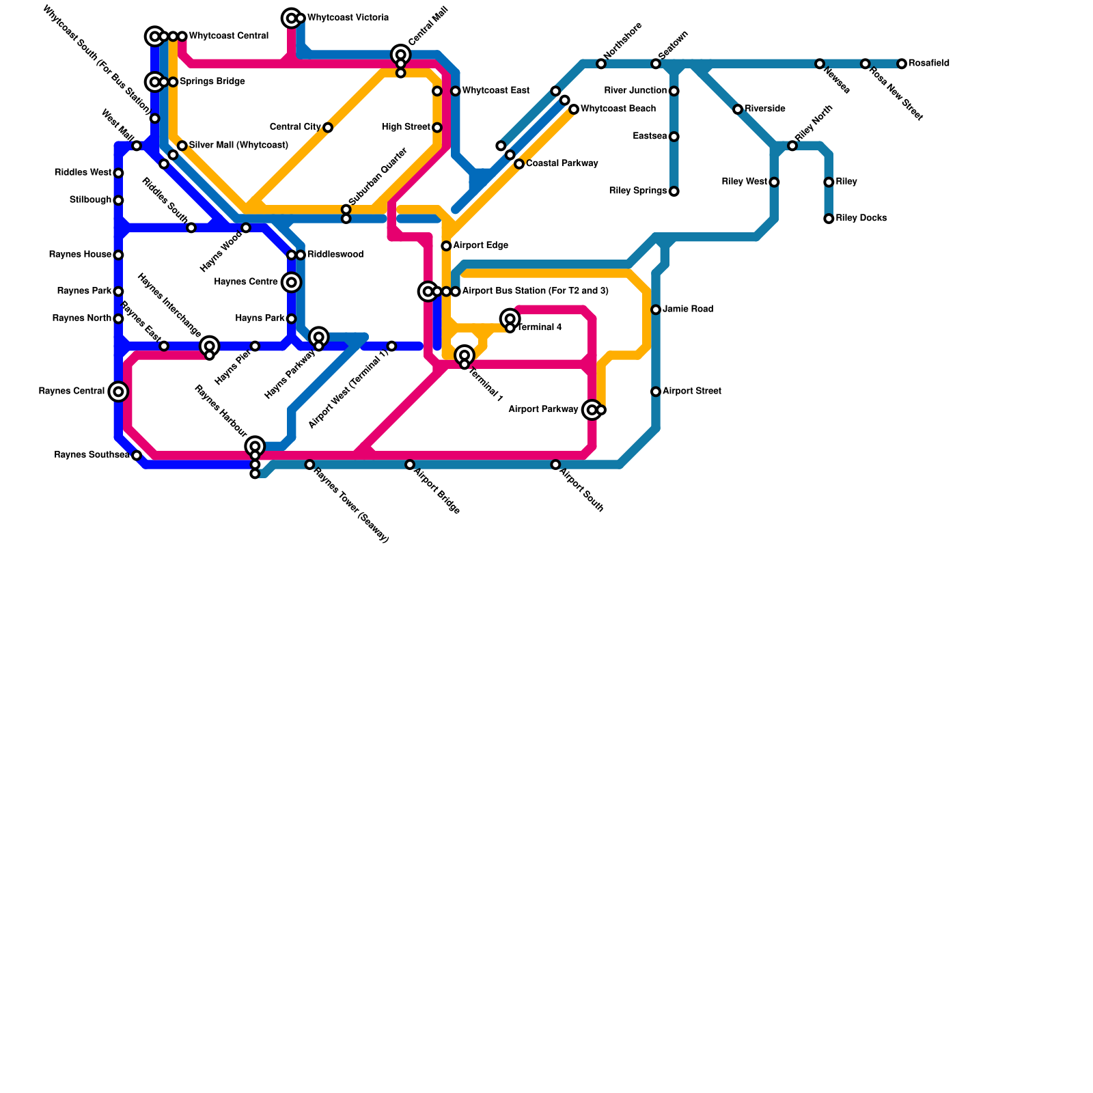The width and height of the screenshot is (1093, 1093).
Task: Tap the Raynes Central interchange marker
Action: pos(118,391)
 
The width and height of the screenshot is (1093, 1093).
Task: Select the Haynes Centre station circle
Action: pos(292,282)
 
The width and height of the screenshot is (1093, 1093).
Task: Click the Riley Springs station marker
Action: pos(674,191)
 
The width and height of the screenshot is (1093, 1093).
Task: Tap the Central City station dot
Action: pos(328,128)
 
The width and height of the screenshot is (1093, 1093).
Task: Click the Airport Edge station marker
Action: pos(446,246)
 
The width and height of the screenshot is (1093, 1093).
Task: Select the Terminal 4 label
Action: pos(539,328)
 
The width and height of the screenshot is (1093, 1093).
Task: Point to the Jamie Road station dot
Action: pos(656,309)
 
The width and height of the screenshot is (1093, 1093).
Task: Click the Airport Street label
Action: pos(691,391)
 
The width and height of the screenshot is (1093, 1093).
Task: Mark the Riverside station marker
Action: pos(738,109)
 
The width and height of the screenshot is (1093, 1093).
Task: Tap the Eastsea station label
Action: pos(650,137)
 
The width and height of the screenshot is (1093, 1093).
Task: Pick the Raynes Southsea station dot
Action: pos(137,456)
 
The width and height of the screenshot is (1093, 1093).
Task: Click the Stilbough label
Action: pos(90,200)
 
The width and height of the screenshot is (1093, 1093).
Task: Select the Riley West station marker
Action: pos(774,182)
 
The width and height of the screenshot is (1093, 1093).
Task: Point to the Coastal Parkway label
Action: pos(562,164)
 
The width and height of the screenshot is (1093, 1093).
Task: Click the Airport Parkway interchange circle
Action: pos(592,410)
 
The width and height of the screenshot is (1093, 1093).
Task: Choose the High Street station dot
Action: pos(437,128)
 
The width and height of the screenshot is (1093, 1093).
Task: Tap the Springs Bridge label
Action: pos(212,82)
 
